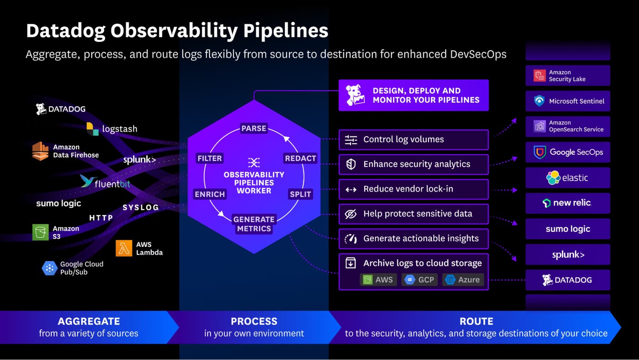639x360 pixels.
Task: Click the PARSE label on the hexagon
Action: pos(254,128)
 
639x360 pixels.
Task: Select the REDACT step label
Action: pos(300,158)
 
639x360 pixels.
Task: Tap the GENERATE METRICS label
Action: pos(254,224)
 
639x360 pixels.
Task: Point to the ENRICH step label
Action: pos(210,194)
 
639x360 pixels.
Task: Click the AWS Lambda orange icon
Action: pos(124,248)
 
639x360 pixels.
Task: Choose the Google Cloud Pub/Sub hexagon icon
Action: pos(49,268)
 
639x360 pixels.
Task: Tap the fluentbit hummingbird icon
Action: pos(87,181)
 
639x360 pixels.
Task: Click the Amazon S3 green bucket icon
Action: pos(41,232)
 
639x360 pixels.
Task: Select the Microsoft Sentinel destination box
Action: pos(567,101)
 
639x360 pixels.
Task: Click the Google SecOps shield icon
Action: pos(539,152)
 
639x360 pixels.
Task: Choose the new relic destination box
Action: pos(567,203)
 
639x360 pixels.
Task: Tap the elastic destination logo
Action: pos(567,177)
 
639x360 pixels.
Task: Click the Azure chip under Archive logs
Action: pos(463,280)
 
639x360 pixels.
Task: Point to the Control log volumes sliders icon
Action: pos(351,140)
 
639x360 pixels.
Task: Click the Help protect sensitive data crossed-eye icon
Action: pos(351,214)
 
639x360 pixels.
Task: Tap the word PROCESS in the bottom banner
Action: pos(254,321)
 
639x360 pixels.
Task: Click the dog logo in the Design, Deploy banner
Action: pos(355,95)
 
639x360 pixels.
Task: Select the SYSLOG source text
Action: pos(141,208)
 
